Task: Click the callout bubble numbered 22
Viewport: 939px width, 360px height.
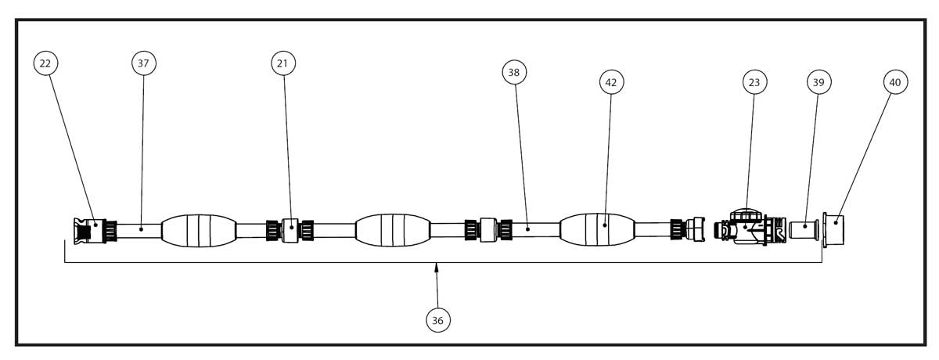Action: pos(45,63)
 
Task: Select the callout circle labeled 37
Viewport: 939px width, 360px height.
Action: pos(144,63)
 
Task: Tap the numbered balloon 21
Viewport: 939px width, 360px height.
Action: pos(283,63)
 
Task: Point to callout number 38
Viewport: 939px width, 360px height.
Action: pos(514,73)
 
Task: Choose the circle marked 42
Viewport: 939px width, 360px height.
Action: pos(612,82)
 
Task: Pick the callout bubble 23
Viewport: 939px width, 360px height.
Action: pos(754,82)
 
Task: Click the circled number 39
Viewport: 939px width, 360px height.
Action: pos(819,82)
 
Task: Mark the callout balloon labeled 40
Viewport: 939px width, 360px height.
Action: pos(895,82)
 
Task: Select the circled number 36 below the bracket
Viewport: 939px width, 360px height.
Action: pos(438,321)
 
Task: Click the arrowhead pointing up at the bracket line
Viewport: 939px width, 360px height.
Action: pos(437,268)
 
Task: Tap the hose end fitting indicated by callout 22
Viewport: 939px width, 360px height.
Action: pos(89,231)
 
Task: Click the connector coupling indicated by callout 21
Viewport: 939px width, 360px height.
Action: pos(290,230)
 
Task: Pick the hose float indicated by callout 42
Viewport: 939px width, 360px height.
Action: pos(597,229)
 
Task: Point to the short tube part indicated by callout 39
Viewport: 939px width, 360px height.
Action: pos(804,229)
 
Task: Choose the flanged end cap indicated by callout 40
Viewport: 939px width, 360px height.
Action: pos(833,230)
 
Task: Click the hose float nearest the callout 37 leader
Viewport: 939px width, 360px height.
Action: pos(199,231)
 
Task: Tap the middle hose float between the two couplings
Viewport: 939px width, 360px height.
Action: pos(393,230)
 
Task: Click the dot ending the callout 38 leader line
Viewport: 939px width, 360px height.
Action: pos(527,229)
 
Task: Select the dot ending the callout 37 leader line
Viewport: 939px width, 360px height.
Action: pos(142,229)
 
